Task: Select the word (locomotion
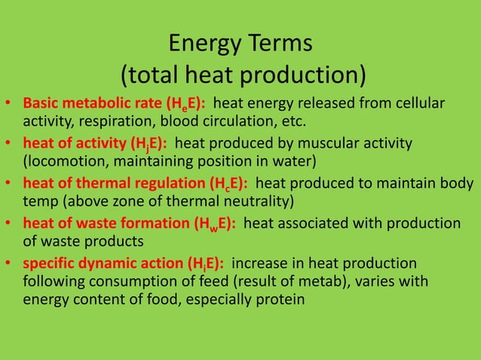60,161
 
